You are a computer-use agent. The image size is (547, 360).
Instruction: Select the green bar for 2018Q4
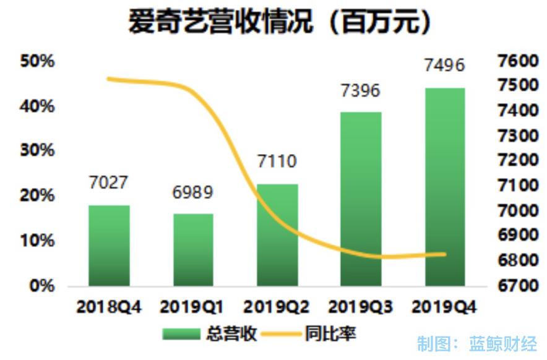coord(109,246)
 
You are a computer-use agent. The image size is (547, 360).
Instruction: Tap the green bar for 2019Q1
coord(193,250)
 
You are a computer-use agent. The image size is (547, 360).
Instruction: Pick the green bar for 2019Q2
coord(277,235)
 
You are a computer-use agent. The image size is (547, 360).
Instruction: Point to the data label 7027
coord(108,183)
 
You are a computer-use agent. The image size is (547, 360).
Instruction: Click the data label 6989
coord(193,192)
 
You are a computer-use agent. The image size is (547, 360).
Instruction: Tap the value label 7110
coord(277,162)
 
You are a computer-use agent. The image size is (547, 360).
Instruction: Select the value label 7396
coord(361,91)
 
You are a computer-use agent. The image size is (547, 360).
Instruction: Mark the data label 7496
coord(444,66)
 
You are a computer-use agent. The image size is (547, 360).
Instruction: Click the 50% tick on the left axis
coord(37,61)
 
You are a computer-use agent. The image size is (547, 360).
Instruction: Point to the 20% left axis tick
coord(37,196)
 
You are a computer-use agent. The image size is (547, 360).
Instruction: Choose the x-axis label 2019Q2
coord(277,307)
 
